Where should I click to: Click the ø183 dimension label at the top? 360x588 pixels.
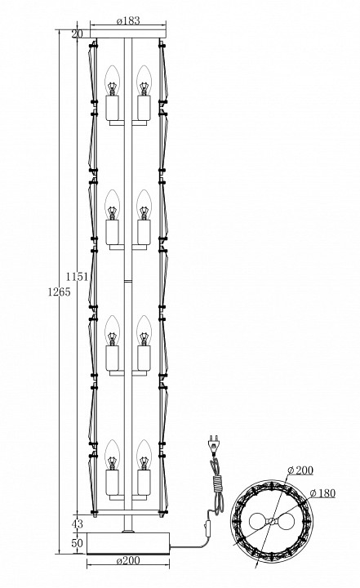point(128,20)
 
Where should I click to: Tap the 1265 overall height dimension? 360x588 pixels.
point(59,292)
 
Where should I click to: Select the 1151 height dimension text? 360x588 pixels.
point(78,277)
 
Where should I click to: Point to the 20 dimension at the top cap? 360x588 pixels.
point(77,33)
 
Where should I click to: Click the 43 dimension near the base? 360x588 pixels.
point(77,524)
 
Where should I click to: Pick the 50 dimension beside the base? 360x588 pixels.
point(77,543)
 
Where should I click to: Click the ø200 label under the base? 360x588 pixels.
point(128,560)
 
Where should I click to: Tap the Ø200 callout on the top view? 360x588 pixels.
point(300,470)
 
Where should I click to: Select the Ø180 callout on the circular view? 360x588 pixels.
point(323,493)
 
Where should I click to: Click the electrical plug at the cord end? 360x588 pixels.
point(212,443)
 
